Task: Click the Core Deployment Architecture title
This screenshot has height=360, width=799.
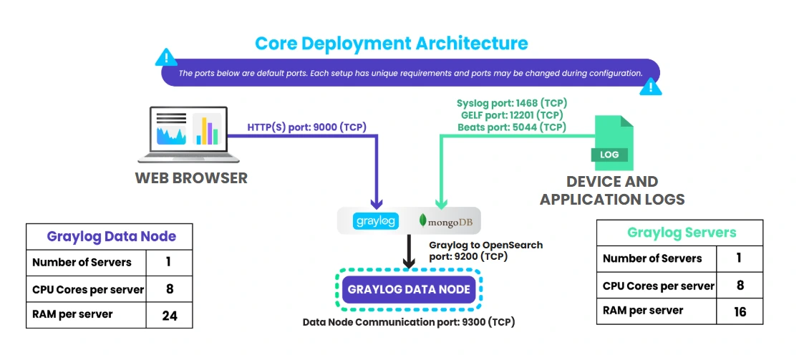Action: [x=392, y=43]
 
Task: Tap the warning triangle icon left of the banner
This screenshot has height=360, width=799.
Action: [x=167, y=57]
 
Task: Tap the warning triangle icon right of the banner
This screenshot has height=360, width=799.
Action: [x=650, y=86]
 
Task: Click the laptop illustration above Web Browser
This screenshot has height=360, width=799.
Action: [x=188, y=135]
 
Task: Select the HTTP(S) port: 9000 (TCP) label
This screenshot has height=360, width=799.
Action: [x=307, y=127]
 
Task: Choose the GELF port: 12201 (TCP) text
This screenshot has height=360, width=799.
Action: [x=511, y=115]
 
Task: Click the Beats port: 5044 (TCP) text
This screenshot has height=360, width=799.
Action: [x=511, y=127]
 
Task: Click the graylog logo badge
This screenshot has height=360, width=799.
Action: [x=376, y=221]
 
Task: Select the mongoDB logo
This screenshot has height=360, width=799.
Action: [x=446, y=221]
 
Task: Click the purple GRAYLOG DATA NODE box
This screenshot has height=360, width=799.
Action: [x=409, y=290]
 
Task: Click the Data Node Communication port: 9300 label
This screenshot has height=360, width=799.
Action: [x=409, y=322]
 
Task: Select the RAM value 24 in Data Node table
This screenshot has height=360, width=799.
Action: [x=169, y=314]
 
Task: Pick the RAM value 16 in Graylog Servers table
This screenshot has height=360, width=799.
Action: [x=740, y=311]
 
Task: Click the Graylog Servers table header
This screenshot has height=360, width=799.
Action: [x=681, y=233]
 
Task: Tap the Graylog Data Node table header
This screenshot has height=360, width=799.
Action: [x=111, y=236]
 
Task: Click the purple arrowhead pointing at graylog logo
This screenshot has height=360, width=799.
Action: [x=376, y=204]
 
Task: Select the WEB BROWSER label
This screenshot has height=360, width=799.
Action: [x=191, y=178]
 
